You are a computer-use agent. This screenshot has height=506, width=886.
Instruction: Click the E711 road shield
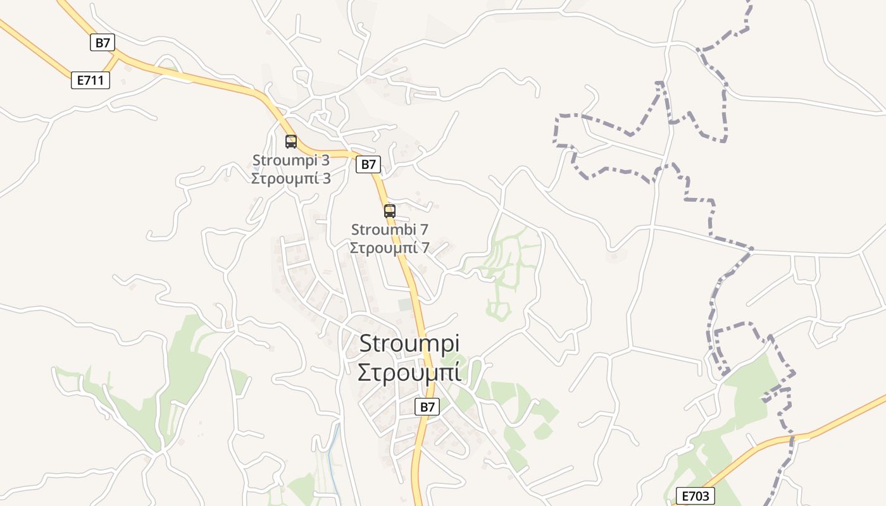tap(90, 80)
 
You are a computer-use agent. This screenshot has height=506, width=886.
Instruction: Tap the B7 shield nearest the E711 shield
tap(103, 43)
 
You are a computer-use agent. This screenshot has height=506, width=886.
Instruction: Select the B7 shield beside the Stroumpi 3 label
tap(368, 164)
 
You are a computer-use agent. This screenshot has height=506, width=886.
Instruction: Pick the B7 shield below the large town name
tap(428, 407)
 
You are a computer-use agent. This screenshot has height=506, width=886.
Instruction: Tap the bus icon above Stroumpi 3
tap(291, 142)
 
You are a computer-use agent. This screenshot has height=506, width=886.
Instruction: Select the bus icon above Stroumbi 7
tap(390, 211)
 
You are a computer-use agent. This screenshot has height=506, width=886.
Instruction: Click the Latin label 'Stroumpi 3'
tap(291, 160)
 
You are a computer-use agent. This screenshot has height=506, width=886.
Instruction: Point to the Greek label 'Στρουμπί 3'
tap(291, 178)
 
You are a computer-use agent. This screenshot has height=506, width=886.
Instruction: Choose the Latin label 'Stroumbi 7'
tap(390, 230)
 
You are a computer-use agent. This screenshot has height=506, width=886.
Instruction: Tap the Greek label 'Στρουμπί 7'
tap(390, 247)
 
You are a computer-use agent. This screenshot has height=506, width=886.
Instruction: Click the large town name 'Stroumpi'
tap(409, 343)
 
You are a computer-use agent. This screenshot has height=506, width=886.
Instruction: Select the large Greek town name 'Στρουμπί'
tap(409, 373)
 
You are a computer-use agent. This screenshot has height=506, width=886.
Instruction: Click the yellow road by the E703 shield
tap(759, 448)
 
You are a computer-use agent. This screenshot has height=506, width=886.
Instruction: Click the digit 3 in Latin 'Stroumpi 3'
tap(325, 160)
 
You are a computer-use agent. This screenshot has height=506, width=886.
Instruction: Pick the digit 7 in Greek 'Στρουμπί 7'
tap(425, 247)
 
